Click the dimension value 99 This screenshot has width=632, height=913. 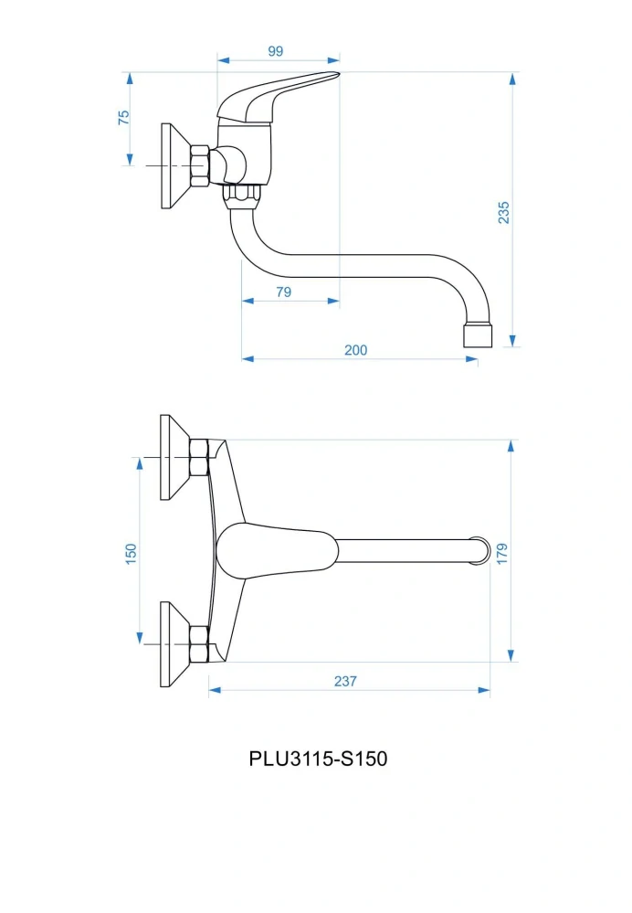click(275, 51)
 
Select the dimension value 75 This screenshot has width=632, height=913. click(124, 117)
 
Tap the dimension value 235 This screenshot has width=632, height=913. click(503, 213)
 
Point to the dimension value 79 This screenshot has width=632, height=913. click(283, 292)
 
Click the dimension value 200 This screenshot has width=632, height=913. click(355, 350)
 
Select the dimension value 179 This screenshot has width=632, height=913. click(502, 553)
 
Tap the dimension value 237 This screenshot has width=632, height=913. click(345, 681)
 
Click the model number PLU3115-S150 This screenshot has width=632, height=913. click(318, 759)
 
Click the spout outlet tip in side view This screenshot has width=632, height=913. click(478, 336)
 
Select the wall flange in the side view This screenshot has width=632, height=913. click(174, 166)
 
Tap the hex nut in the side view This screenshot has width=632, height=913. click(200, 166)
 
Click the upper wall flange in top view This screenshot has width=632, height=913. click(174, 457)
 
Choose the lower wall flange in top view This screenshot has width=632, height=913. click(174, 644)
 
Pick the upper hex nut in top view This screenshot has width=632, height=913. click(199, 457)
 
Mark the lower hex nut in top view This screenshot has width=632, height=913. click(199, 644)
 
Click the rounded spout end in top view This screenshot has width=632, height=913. click(480, 551)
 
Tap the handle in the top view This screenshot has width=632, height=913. click(277, 551)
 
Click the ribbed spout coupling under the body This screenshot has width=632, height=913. click(243, 196)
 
